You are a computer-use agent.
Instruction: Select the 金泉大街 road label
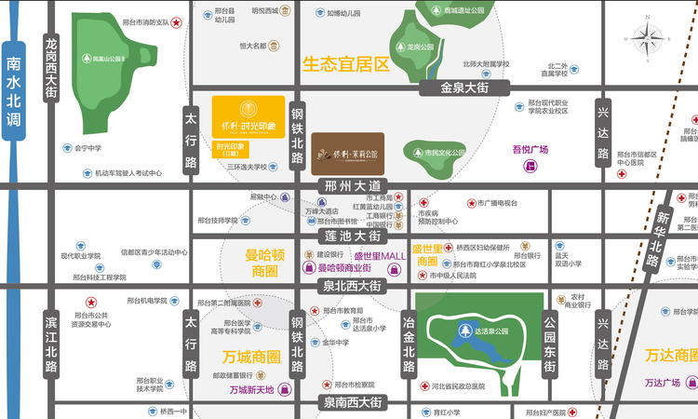465,87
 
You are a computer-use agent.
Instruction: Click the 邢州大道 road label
348,184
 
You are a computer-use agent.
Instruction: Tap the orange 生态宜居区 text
345,65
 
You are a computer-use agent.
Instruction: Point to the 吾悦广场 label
530,149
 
